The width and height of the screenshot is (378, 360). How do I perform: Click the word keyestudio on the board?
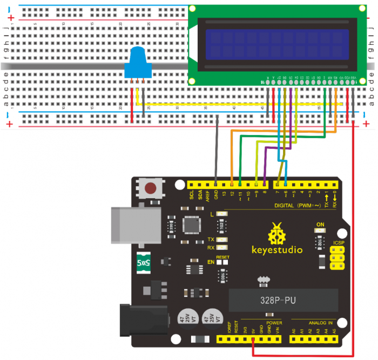[x=277, y=250]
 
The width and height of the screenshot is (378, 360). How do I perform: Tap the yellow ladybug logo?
[x=277, y=233]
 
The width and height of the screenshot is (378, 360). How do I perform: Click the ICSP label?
[x=339, y=243]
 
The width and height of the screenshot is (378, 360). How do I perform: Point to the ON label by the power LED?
[x=320, y=225]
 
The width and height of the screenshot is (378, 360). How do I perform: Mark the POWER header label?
[x=258, y=323]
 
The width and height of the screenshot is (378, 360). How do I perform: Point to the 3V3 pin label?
[x=245, y=330]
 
